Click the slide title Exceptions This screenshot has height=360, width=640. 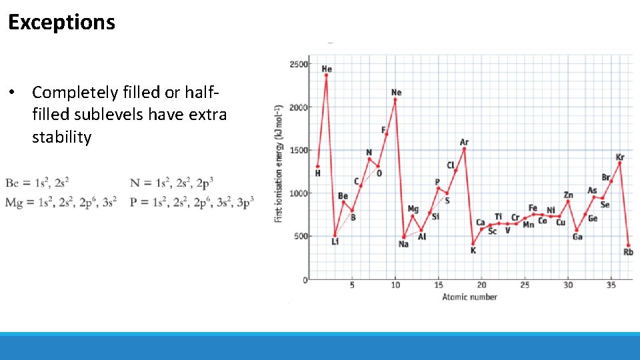(61, 23)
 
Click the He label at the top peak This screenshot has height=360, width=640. (327, 69)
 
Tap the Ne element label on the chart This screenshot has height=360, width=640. (397, 93)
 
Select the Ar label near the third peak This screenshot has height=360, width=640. (464, 142)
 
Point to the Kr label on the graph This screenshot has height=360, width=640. (620, 157)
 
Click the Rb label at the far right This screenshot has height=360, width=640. (628, 252)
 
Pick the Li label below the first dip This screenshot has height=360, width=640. (335, 241)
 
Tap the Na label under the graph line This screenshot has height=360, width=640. (403, 244)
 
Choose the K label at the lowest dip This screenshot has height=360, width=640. (473, 251)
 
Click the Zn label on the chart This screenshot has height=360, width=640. (568, 195)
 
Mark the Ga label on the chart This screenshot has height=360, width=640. (577, 237)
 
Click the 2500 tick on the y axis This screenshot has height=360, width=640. (299, 65)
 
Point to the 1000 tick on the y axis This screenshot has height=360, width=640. (299, 193)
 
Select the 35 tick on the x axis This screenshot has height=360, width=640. (611, 285)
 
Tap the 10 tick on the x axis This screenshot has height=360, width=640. (395, 285)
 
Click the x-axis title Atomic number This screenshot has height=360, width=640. (469, 297)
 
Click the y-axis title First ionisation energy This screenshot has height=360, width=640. (279, 163)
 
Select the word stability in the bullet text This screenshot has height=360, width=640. (61, 137)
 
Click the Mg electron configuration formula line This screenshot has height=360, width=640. (61, 203)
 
